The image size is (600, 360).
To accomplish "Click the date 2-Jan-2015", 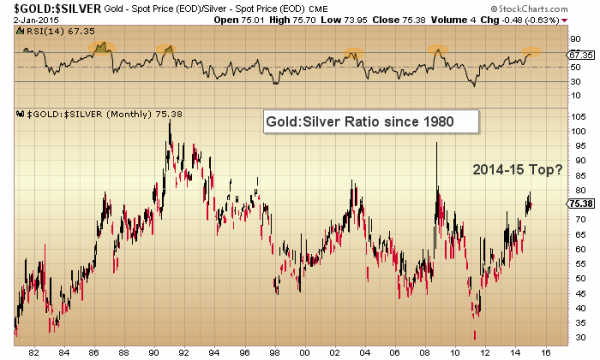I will tap(26, 20).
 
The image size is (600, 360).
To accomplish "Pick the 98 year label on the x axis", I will tap(274, 352).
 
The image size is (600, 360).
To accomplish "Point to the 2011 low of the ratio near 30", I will tap(474, 335).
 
